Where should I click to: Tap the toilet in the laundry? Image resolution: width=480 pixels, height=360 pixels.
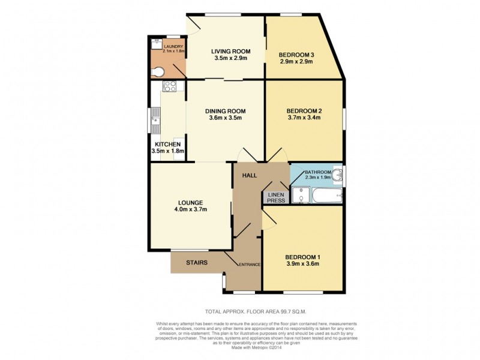(158, 71)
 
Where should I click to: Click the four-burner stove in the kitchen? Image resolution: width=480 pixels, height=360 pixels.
(169, 88)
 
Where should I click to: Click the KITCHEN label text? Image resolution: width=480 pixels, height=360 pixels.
(167, 145)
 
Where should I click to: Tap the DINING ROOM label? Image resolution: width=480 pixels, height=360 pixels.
(225, 111)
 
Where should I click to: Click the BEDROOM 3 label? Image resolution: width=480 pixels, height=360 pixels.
(296, 55)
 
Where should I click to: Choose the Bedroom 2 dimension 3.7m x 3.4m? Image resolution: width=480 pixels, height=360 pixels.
(304, 118)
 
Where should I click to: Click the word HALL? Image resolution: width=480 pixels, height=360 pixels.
(249, 175)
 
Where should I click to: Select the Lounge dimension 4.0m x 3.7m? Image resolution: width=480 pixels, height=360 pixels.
(191, 209)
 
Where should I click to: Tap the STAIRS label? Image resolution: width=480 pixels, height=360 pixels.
(196, 262)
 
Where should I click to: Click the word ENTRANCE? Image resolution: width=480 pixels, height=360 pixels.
(250, 265)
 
